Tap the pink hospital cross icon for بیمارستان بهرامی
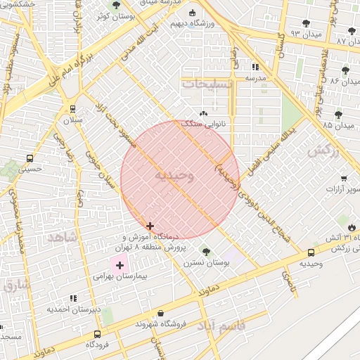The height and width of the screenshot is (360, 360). coord(119,265)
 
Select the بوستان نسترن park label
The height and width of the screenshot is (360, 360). coord(207,262)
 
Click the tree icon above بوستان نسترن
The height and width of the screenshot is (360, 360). coord(206,251)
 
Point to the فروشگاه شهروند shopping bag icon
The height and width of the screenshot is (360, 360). coord(161,313)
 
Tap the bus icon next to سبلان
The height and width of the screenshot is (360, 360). coord(72,109)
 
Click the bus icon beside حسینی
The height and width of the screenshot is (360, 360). coord(29,158)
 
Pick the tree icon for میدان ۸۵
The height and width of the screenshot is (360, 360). coord(338,114)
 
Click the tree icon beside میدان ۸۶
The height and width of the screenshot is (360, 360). coord(345,70)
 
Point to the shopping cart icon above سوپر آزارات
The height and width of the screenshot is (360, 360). coord(343,179)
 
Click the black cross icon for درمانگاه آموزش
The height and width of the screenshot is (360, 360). coord(150,226)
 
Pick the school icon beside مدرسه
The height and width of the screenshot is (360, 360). coord(255,67)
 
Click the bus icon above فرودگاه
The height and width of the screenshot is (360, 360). coord(97,334)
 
